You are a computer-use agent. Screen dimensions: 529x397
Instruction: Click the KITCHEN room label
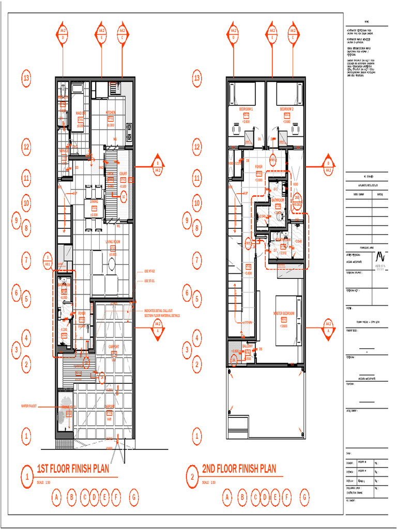(x=111, y=112)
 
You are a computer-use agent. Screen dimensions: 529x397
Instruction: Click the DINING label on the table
(x=94, y=202)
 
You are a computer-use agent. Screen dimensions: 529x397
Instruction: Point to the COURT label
(x=123, y=174)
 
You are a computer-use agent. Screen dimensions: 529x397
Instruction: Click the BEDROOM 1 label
(x=246, y=110)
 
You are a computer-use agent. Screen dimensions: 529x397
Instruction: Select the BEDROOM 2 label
(x=287, y=110)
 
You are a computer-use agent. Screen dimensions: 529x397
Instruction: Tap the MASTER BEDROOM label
(x=284, y=313)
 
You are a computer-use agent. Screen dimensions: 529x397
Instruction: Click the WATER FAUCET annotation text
(x=32, y=407)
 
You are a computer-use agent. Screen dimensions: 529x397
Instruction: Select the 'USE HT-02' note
(x=150, y=271)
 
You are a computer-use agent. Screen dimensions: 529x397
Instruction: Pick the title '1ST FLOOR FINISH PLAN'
(x=73, y=469)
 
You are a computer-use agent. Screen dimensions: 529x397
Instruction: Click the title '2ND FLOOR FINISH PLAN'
(x=239, y=469)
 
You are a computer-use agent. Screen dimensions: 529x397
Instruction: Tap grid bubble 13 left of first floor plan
(x=27, y=79)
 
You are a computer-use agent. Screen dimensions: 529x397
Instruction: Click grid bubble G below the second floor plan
(x=305, y=497)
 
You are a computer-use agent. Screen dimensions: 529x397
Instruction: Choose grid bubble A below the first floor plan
(x=57, y=497)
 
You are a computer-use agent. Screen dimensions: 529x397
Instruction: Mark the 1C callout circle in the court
(x=123, y=196)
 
